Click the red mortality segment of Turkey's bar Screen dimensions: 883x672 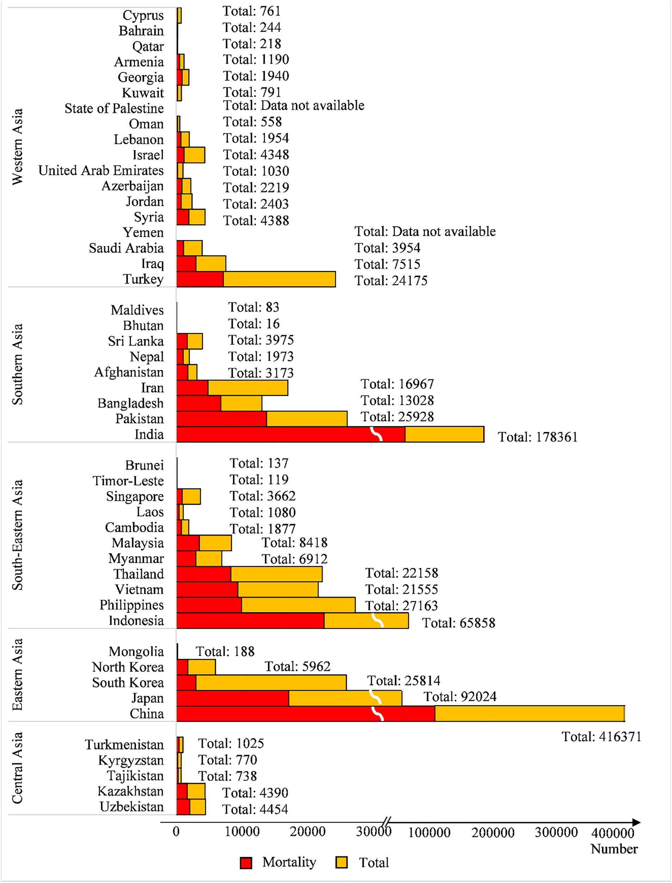click(x=200, y=279)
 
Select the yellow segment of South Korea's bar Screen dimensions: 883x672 click(x=271, y=683)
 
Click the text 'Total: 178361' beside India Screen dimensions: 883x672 click(x=538, y=437)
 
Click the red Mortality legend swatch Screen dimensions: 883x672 click(x=246, y=863)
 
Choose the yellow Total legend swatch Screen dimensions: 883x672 click(x=341, y=863)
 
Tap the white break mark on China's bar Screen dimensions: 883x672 click(x=378, y=714)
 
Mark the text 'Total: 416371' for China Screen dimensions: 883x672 click(x=601, y=737)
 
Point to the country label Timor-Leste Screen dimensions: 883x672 click(x=128, y=481)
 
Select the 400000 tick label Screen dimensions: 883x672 click(x=612, y=833)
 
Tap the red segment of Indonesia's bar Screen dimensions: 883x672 click(x=250, y=621)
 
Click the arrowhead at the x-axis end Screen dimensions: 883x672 click(x=636, y=822)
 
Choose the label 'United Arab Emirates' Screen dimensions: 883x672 click(x=101, y=170)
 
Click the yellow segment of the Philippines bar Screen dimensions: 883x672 click(x=298, y=605)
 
